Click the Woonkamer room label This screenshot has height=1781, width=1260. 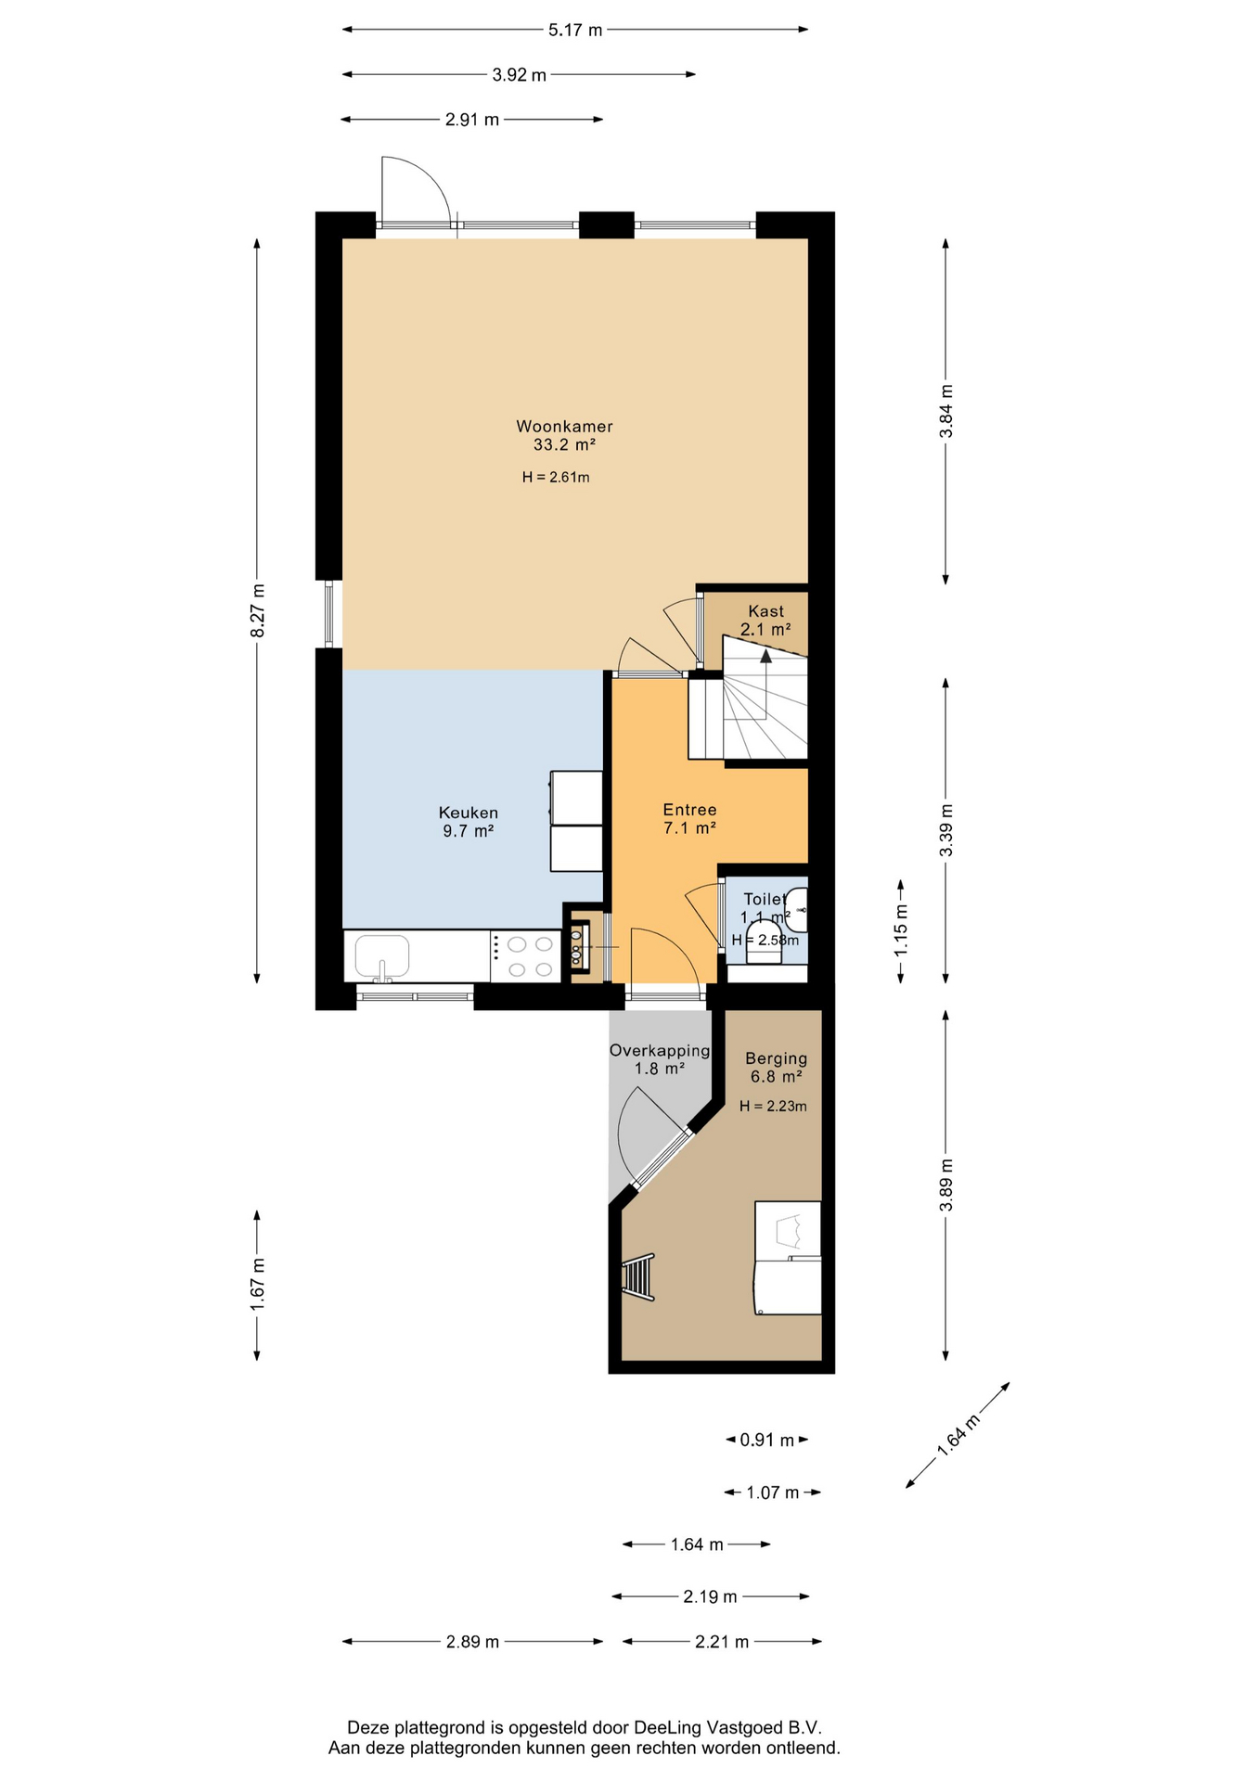[x=564, y=435]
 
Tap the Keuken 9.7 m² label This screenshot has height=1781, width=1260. [x=469, y=822]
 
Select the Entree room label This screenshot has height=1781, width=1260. [x=689, y=819]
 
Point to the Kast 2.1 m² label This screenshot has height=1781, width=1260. [x=765, y=620]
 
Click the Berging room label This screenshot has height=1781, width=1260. [x=777, y=1067]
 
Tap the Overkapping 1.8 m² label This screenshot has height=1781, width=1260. [x=660, y=1059]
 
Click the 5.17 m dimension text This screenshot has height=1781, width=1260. [x=575, y=30]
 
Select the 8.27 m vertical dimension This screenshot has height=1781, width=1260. [x=257, y=610]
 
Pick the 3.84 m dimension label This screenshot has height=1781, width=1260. [x=945, y=411]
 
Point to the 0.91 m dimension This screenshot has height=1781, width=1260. [x=766, y=1440]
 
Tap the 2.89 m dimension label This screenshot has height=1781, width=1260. [x=472, y=1642]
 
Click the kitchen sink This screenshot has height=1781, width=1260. [x=381, y=957]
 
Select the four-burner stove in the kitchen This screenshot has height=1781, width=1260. [x=525, y=956]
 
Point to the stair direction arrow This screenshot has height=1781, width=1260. [x=765, y=656]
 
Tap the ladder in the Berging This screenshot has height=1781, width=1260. [x=638, y=1277]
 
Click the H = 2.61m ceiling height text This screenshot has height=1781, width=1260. [x=556, y=478]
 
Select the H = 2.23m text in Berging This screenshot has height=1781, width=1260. [x=773, y=1106]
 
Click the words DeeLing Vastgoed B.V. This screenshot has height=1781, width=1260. [x=727, y=1727]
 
